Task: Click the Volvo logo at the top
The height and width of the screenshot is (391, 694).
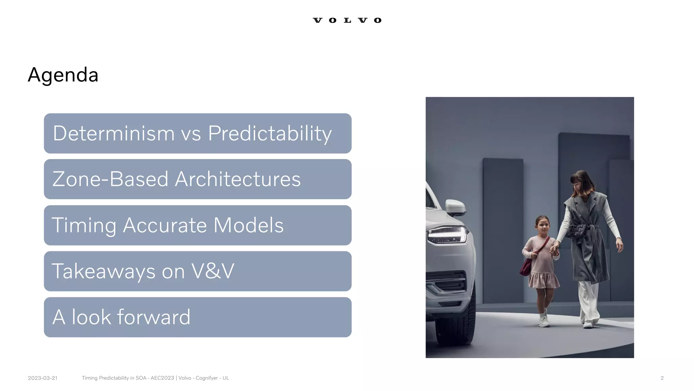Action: [347, 20]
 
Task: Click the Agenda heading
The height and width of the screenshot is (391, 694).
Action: [63, 75]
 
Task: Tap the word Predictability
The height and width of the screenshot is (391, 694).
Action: [270, 134]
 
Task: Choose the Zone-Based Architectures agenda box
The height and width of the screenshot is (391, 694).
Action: [198, 179]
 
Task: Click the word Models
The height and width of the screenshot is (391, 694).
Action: [248, 225]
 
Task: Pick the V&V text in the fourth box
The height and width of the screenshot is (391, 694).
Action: [213, 271]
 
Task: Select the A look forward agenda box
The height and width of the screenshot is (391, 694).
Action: [198, 317]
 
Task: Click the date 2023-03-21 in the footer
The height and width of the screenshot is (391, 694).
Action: [43, 378]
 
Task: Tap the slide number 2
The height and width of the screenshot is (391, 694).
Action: [662, 378]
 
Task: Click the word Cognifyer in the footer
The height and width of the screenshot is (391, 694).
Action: [207, 378]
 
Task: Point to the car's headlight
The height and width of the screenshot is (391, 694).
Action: [447, 235]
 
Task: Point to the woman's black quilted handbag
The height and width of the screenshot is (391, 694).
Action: [577, 230]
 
